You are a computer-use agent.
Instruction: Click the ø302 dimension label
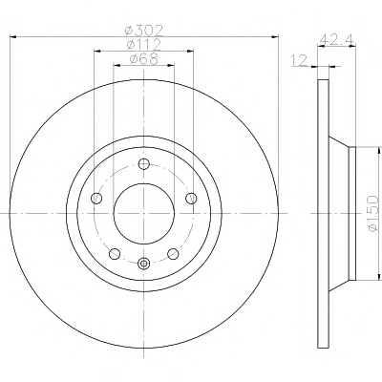144,31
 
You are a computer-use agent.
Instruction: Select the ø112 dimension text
144,45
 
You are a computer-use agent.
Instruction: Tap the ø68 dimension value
144,59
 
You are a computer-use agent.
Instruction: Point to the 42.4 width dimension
337,39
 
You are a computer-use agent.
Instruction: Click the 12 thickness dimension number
299,60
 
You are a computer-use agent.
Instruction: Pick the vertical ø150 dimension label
371,214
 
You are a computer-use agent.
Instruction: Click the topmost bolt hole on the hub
144,164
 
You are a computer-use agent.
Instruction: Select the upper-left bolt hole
96,199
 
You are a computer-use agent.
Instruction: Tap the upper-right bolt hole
191,199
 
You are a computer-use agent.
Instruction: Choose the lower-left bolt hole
115,254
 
